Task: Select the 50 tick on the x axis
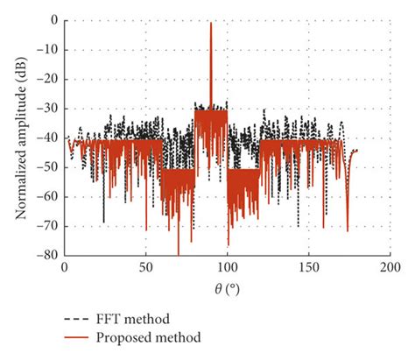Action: point(146,266)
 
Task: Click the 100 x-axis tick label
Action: point(228,266)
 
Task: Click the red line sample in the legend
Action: point(78,336)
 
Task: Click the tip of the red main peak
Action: point(211,24)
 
